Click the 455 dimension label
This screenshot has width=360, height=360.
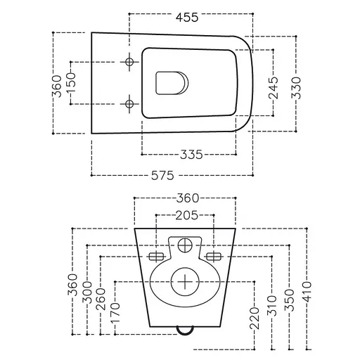tap(187, 18)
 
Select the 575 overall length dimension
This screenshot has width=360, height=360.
tap(162, 175)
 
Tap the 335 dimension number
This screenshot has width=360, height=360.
tap(191, 155)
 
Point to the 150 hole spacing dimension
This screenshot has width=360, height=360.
tap(72, 83)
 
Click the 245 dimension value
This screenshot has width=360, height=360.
tap(274, 88)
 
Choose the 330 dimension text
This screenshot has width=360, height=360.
tap(296, 88)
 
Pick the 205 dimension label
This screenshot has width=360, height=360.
tap(186, 215)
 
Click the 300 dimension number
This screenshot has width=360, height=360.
tap(87, 292)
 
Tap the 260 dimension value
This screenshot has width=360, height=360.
tap(101, 300)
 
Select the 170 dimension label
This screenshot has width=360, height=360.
tap(115, 312)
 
